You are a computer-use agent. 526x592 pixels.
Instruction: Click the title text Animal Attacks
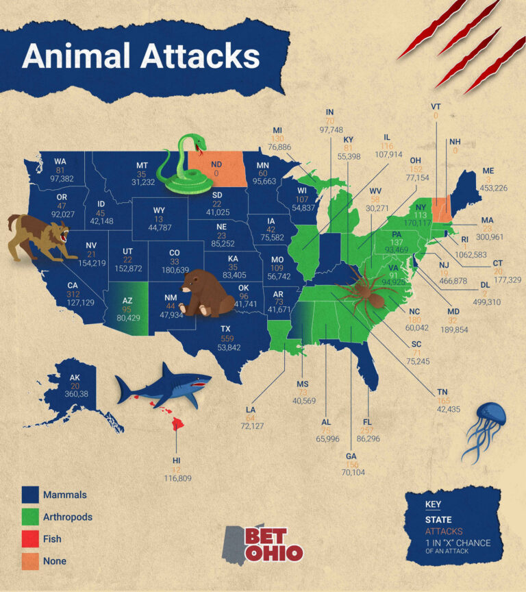pyautogui.click(x=140, y=56)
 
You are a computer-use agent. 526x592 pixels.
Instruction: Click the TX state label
pyautogui.click(x=225, y=329)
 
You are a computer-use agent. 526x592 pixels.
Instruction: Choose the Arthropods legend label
pyautogui.click(x=67, y=517)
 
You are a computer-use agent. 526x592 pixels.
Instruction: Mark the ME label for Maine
pyautogui.click(x=488, y=171)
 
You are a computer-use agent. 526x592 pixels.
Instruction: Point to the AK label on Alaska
pyautogui.click(x=75, y=377)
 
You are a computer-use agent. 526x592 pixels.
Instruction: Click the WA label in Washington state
pyautogui.click(x=60, y=162)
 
